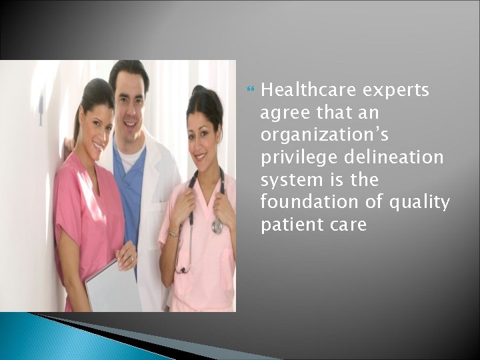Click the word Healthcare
coord(308,90)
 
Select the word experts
coord(397,90)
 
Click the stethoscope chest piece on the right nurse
coord(217,227)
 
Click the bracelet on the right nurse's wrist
coord(173,233)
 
